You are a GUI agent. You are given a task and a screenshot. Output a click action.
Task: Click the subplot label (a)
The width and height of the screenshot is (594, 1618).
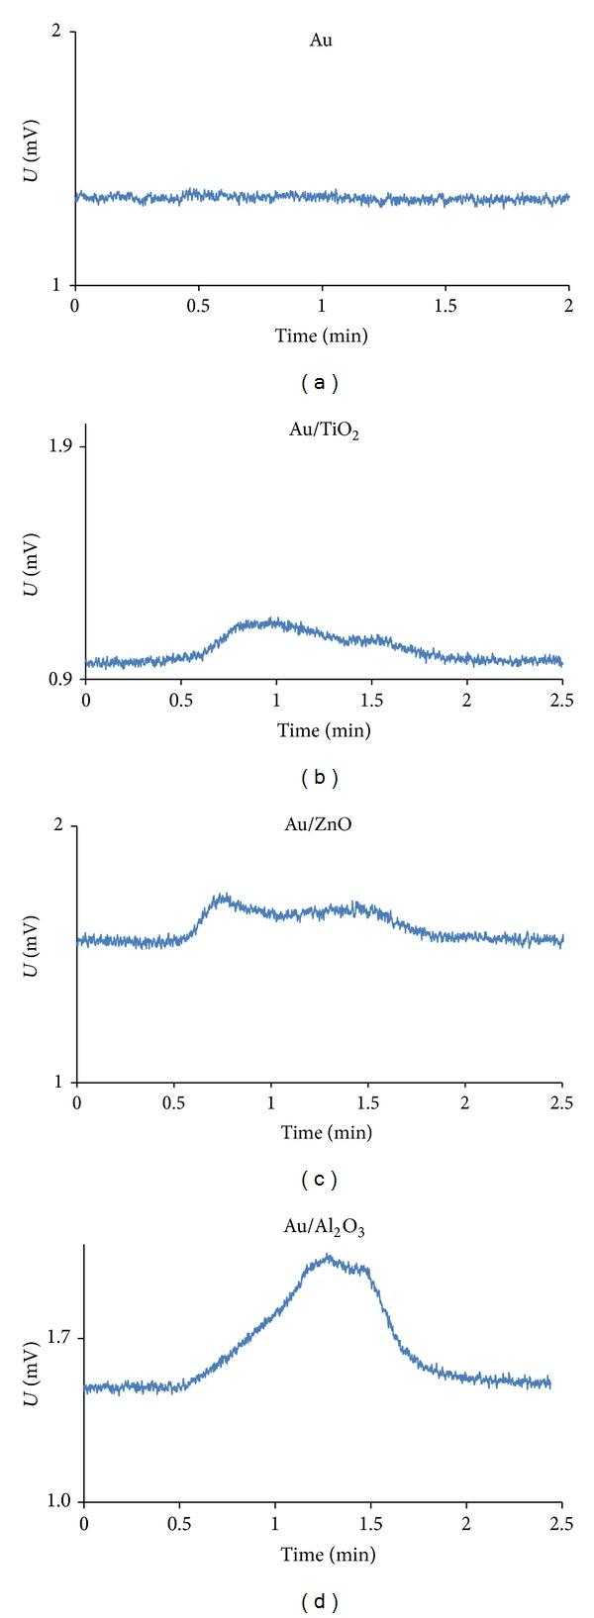[x=322, y=381]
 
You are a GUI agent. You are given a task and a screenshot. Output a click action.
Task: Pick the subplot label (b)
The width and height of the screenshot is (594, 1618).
[x=320, y=777]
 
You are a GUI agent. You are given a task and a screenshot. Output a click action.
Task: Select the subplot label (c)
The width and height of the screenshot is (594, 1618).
[x=320, y=1179]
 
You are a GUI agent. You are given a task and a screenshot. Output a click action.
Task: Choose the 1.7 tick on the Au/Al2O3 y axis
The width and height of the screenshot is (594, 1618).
[x=65, y=1339]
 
